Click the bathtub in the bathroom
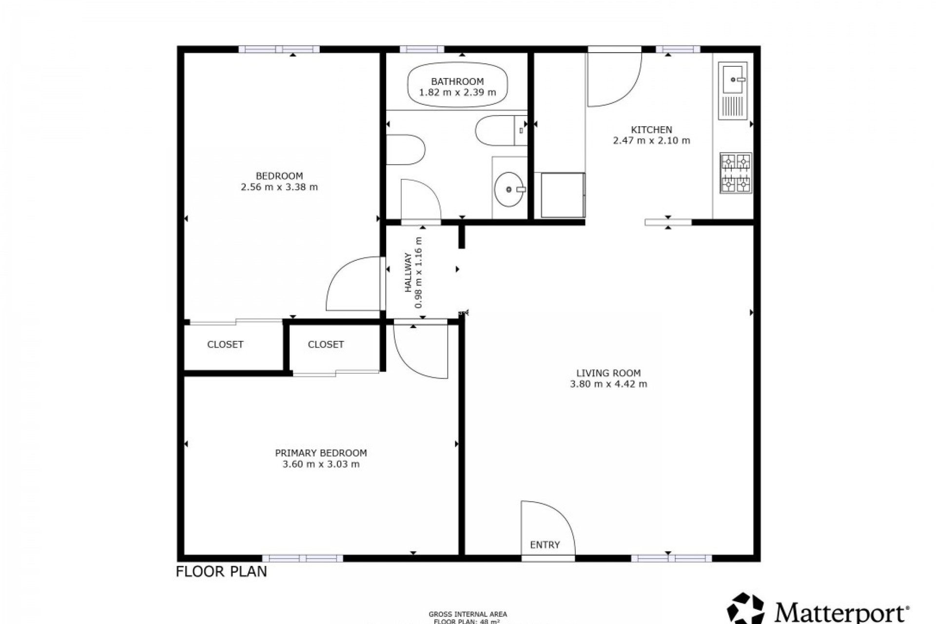457,86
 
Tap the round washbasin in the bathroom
509,189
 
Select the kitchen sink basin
732,79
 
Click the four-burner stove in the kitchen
736,173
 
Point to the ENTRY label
545,545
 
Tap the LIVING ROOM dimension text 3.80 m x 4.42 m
608,384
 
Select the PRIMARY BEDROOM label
321,453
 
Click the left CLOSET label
225,345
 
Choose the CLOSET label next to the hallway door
326,345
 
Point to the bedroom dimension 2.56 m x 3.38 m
279,187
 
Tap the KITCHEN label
651,130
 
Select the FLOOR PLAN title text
221,571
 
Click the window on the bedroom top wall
279,49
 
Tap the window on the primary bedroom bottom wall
302,558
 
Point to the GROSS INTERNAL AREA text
468,614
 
